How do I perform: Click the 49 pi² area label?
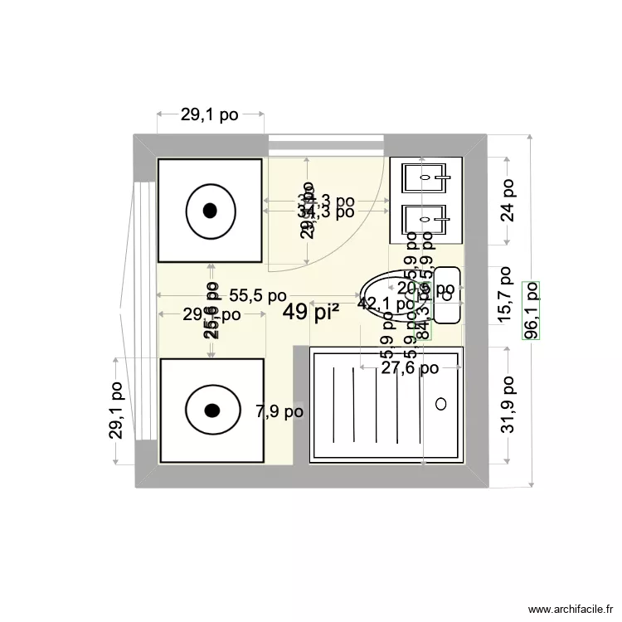click(x=311, y=312)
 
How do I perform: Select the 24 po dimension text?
click(x=508, y=201)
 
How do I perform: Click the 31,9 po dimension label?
click(x=508, y=405)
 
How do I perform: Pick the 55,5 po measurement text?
click(x=258, y=295)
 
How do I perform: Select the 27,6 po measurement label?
click(x=410, y=368)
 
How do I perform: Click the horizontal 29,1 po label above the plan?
click(x=210, y=115)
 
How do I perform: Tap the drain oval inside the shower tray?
click(x=440, y=404)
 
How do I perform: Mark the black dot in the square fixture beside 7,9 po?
click(x=211, y=410)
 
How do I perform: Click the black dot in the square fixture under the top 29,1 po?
click(x=211, y=210)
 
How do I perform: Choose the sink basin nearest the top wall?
click(x=425, y=177)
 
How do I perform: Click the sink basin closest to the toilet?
click(x=425, y=221)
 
